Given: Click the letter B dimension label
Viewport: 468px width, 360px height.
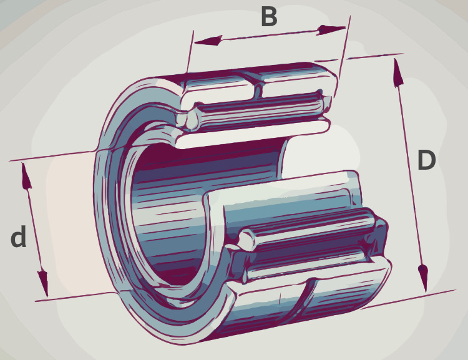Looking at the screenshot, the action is (x=269, y=17).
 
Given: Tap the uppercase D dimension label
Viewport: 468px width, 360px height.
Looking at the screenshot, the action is (x=427, y=160).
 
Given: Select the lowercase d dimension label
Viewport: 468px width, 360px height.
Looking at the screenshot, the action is (x=19, y=236).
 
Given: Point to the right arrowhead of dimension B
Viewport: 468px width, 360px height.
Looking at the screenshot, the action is (x=331, y=30).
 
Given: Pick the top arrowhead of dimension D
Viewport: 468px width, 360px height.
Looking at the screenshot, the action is (x=398, y=73).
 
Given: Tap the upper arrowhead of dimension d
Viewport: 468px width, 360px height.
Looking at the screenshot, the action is (x=26, y=176).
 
